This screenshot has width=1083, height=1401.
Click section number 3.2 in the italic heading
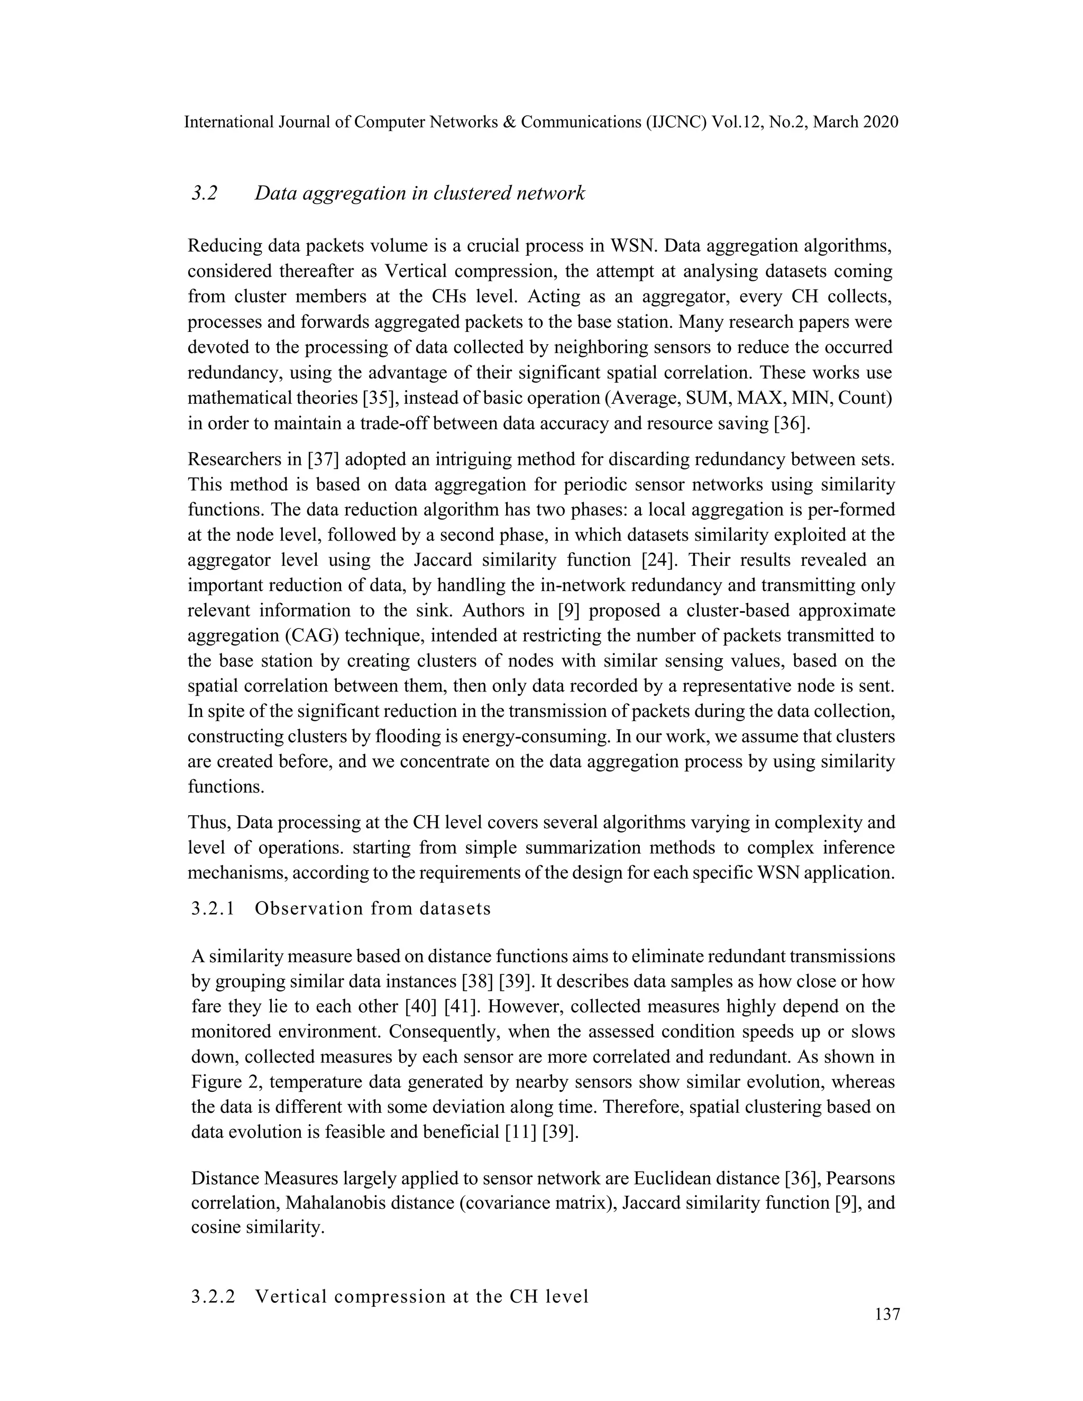pyautogui.click(x=205, y=193)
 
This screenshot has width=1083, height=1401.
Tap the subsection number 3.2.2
pyautogui.click(x=213, y=1296)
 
